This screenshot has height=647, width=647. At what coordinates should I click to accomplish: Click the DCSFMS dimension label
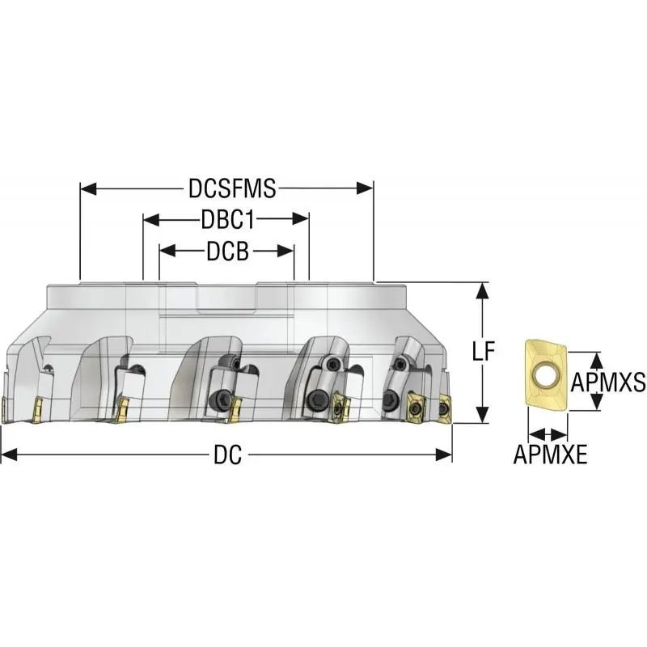click(x=232, y=188)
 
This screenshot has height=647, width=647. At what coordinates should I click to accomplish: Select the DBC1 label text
click(x=228, y=219)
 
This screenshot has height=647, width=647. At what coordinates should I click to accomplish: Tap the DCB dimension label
click(x=228, y=251)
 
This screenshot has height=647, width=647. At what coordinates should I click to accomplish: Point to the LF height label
click(x=483, y=351)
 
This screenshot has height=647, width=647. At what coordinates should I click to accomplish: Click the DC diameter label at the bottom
click(x=228, y=455)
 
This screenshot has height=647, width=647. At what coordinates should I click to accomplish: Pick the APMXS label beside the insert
click(x=608, y=382)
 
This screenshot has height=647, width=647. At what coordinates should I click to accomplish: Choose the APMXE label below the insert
click(x=550, y=455)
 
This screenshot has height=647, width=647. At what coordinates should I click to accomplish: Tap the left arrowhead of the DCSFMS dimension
click(x=88, y=189)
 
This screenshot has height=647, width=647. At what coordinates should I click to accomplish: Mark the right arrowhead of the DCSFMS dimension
click(x=366, y=189)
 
